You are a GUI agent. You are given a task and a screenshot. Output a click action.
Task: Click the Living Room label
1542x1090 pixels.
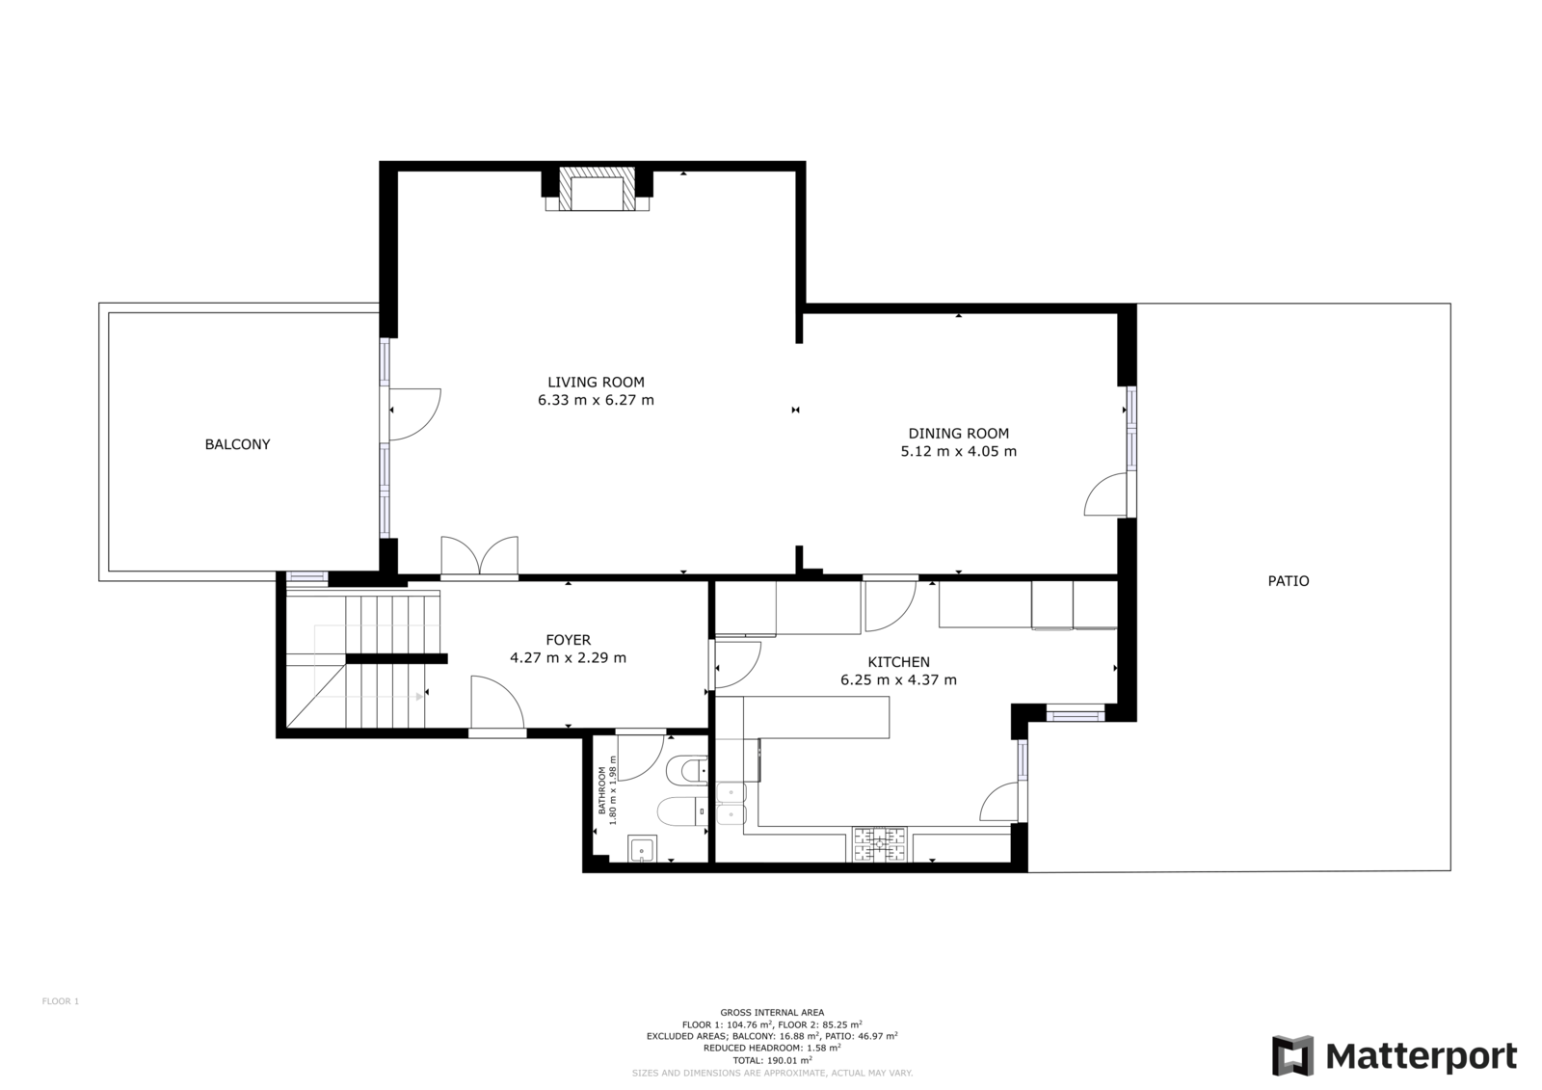pos(597,383)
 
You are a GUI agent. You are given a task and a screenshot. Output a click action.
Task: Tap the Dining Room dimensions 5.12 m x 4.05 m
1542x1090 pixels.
pos(958,452)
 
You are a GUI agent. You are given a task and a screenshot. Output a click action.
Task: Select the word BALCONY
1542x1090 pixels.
pos(237,445)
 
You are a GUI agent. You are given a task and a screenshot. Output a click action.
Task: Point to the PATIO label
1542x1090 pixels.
pos(1288,581)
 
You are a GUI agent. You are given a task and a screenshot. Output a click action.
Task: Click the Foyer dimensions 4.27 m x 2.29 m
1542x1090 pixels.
pos(568,657)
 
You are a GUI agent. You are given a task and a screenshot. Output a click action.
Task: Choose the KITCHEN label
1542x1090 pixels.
pos(898,662)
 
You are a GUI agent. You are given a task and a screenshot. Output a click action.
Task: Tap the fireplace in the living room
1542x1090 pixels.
pos(597,189)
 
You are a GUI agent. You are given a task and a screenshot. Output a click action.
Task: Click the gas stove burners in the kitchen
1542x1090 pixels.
pos(880,844)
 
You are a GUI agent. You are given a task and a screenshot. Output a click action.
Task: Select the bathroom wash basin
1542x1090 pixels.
pos(642,848)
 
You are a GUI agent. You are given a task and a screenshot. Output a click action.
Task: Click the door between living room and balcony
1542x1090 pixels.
pos(413,413)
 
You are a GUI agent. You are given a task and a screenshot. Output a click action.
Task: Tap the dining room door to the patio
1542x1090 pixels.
pos(1107,494)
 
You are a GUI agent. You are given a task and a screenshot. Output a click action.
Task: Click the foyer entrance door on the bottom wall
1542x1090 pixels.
pos(497,703)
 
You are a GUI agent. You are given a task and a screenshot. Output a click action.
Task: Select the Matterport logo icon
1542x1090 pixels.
pos(1292,1055)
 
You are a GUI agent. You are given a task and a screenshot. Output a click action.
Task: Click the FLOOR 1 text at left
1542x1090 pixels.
pos(61,1001)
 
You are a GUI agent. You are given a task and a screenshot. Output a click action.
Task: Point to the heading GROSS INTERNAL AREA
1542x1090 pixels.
pos(772,1012)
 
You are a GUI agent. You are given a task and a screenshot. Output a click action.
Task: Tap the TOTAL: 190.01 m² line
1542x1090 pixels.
pos(772,1060)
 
